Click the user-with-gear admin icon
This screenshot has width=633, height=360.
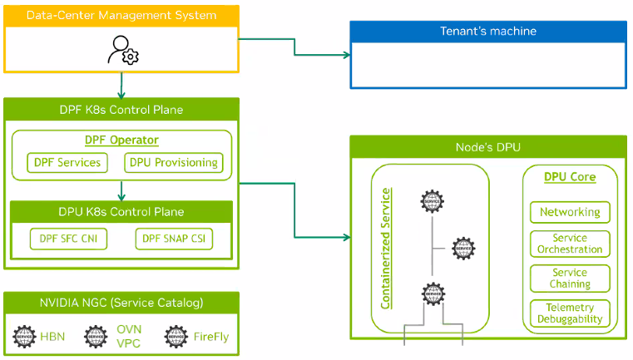pyautogui.click(x=121, y=50)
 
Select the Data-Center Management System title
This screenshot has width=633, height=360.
pyautogui.click(x=121, y=15)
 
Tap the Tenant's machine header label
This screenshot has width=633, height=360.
pyautogui.click(x=487, y=32)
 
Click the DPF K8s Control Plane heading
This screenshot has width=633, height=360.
pyautogui.click(x=121, y=109)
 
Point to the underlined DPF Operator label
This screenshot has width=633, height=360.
pyautogui.click(x=121, y=141)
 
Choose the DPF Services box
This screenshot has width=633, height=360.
pyautogui.click(x=68, y=162)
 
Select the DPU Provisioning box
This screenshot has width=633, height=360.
pyautogui.click(x=174, y=162)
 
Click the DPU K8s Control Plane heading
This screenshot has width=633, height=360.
pyautogui.click(x=121, y=212)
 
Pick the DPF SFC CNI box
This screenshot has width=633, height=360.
pyautogui.click(x=68, y=239)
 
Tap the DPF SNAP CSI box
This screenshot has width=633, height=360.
pyautogui.click(x=173, y=239)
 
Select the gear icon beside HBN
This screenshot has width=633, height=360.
pyautogui.click(x=27, y=337)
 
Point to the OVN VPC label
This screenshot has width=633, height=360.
pyautogui.click(x=128, y=337)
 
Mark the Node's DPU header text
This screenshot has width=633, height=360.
pyautogui.click(x=487, y=147)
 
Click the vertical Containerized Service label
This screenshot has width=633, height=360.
pyautogui.click(x=385, y=249)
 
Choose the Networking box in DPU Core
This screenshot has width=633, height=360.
pyautogui.click(x=570, y=212)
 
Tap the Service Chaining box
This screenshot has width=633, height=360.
pyautogui.click(x=570, y=279)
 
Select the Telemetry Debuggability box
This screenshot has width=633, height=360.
pyautogui.click(x=570, y=313)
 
